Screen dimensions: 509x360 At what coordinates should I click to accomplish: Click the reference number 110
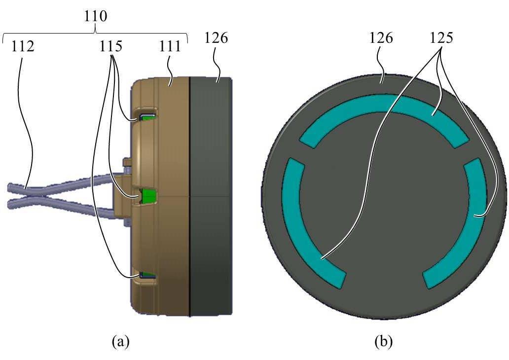[95, 16]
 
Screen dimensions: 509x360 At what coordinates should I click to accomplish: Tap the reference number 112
[23, 46]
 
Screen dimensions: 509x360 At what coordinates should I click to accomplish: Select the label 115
[110, 46]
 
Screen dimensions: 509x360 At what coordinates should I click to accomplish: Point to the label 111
[170, 46]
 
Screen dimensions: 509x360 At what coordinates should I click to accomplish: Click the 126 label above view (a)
[216, 38]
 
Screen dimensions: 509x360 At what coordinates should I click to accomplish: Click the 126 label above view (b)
[381, 38]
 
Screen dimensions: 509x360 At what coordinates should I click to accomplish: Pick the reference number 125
[441, 38]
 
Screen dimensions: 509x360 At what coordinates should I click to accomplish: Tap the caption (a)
[120, 341]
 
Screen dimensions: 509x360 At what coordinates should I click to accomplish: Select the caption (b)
[383, 341]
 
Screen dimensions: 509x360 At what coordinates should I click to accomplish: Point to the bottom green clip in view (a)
[148, 275]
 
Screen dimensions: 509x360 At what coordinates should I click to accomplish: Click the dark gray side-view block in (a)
[211, 197]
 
